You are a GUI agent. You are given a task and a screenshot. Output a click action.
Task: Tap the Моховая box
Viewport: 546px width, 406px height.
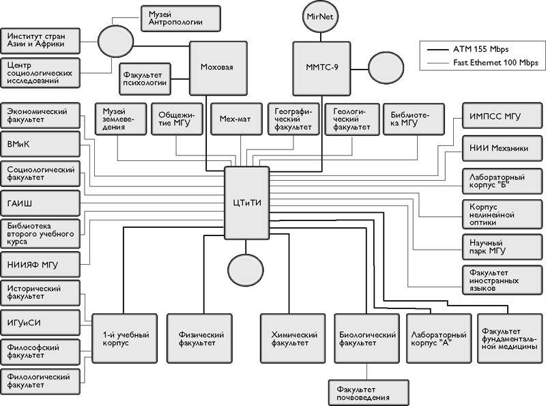(x=217, y=68)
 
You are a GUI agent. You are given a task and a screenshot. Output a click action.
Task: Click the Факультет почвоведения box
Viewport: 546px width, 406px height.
(x=368, y=393)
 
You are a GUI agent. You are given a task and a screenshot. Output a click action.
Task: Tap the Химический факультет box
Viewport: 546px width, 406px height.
(x=290, y=339)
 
